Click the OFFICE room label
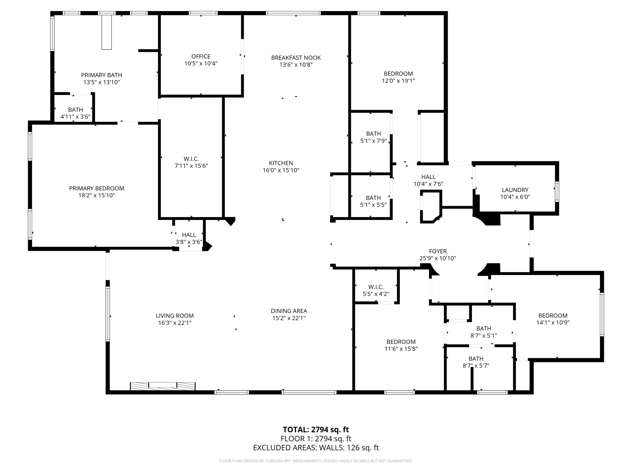201,56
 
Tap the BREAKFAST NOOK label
296,58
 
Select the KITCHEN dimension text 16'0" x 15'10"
281,170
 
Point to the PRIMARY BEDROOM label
97,188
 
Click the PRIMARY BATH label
102,75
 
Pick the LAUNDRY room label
515,190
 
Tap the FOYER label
438,251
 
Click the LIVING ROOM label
175,316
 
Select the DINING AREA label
289,311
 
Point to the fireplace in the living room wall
163,386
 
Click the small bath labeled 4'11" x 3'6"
75,113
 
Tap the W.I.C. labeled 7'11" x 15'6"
191,162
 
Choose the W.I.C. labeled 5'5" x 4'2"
376,290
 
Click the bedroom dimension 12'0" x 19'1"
398,81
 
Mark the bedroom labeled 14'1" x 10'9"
553,319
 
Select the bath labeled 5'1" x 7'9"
373,137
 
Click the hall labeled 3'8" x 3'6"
189,238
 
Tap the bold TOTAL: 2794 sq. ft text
316,430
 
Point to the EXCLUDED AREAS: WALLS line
316,448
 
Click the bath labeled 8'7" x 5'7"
476,362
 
